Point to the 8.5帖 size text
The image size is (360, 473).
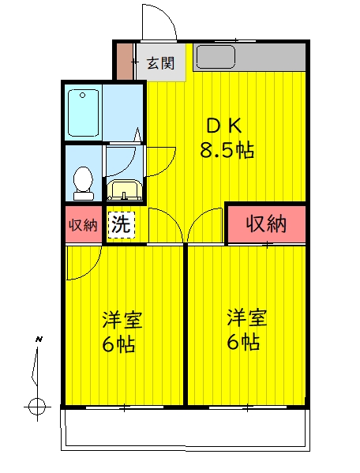tap(227, 151)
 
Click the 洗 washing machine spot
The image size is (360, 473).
tap(121, 224)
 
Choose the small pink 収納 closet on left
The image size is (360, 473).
tap(83, 225)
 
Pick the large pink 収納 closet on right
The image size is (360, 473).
tap(265, 224)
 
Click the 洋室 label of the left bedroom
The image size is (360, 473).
tap(122, 320)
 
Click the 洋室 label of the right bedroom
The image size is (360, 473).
tap(247, 318)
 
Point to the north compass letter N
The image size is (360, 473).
tap(39, 340)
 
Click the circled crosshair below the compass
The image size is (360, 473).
tap(36, 407)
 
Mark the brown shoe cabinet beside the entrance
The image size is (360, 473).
tap(125, 62)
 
